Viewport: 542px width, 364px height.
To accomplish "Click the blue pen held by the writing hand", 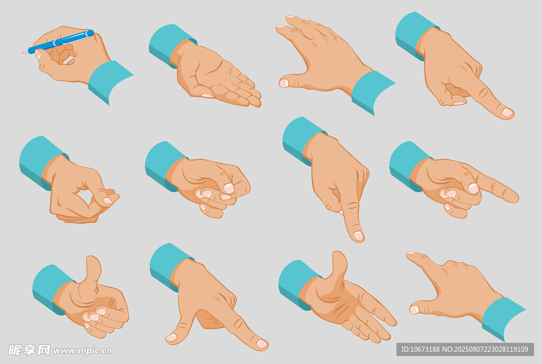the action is point(59,42).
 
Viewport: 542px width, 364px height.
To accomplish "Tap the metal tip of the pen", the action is point(25,52).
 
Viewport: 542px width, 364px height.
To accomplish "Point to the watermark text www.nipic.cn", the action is point(83,351).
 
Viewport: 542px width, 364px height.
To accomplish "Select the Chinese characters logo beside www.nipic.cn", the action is point(29,350).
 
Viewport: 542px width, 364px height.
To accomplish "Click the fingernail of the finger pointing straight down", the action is point(358,235).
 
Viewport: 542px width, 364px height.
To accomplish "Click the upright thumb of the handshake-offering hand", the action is point(338,273).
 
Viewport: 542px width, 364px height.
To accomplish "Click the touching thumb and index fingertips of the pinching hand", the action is point(108,199).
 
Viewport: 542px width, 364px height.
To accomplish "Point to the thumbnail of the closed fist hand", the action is point(229,188).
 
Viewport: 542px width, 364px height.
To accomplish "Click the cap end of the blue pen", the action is point(90,33).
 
